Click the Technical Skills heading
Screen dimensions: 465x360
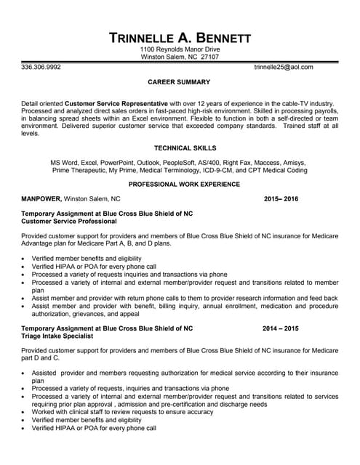[179, 147]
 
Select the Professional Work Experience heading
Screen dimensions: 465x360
[179, 185]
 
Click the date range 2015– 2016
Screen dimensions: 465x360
[281, 198]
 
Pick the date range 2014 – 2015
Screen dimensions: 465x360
[281, 328]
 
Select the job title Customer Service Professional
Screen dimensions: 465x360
[69, 221]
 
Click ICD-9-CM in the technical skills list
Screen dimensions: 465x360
[228, 171]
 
